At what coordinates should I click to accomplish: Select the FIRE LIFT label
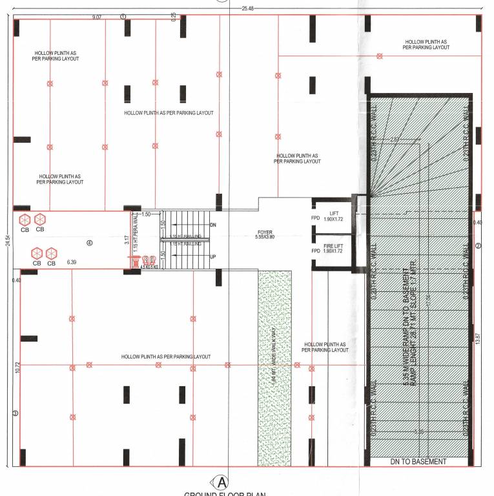[333, 247]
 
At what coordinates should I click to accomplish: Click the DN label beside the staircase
[214, 225]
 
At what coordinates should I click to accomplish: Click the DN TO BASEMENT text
[418, 461]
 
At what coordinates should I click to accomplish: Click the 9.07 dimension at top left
[97, 17]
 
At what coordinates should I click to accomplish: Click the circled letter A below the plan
[221, 482]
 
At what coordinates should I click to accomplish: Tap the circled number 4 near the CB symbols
[90, 243]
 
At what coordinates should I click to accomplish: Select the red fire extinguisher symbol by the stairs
[136, 261]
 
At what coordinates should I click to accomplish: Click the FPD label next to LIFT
[316, 218]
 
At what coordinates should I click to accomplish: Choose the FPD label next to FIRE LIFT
[316, 250]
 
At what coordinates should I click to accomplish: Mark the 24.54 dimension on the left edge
[8, 240]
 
